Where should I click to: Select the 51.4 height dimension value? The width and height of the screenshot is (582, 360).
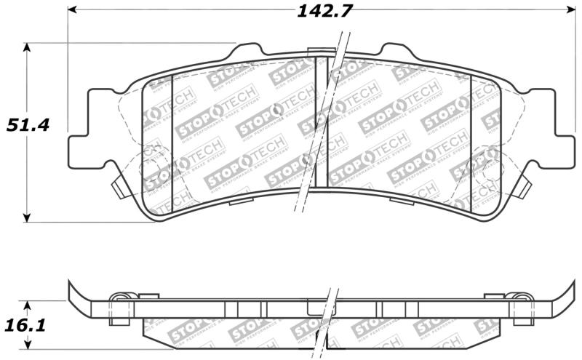coord(28,124)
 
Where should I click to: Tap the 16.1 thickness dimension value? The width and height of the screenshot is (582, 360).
coord(27,324)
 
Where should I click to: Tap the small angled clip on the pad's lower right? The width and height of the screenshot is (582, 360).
coord(522,188)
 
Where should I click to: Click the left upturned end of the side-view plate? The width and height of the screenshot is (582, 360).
coord(73,292)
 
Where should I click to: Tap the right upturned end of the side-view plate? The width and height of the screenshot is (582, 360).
coord(567,292)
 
